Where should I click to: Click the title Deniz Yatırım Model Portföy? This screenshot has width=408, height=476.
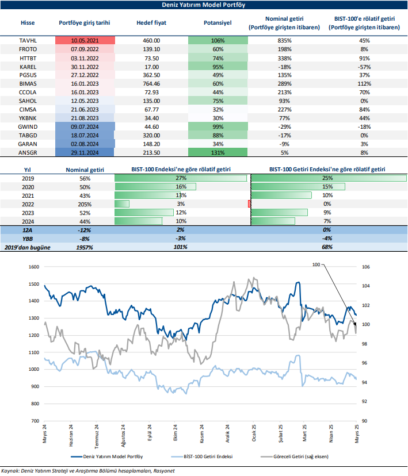click(x=203, y=6)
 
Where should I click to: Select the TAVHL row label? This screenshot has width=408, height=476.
click(x=28, y=41)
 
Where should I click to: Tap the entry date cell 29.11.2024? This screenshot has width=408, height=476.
click(x=85, y=152)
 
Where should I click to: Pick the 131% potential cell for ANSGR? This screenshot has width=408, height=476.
click(x=218, y=152)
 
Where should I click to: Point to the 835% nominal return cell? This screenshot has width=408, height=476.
click(x=285, y=41)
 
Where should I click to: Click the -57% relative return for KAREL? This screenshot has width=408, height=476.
click(x=364, y=67)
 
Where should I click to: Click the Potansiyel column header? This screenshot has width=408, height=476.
click(x=218, y=23)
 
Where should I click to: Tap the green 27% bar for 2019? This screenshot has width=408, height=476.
click(x=181, y=178)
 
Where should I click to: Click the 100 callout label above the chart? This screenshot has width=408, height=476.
click(x=331, y=264)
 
